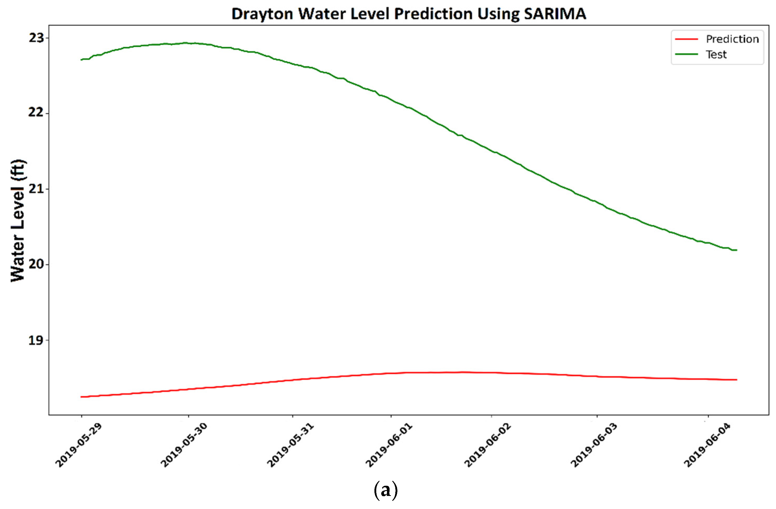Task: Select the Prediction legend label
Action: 732,39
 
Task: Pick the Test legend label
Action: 716,55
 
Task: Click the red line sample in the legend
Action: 686,39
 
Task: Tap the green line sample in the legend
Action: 686,54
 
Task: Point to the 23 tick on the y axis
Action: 36,38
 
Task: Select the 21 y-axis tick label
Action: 36,189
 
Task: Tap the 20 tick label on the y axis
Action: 36,264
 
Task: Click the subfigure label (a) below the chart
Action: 386,490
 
